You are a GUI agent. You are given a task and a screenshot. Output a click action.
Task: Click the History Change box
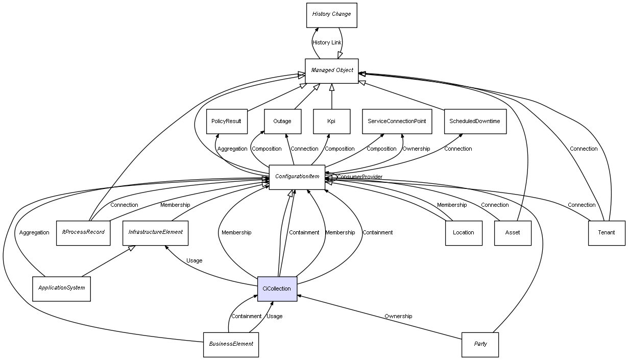pos(331,15)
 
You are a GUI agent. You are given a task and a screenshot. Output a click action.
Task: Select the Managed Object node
pos(332,70)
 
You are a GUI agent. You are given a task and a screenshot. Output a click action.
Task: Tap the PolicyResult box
pos(226,122)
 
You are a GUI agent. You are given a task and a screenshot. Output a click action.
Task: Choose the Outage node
pos(282,122)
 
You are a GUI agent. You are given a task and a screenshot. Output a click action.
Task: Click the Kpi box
pos(331,122)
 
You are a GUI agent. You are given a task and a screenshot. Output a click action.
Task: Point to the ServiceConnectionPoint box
pos(397,122)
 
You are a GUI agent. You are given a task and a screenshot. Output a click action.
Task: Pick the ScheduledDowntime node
pos(474,122)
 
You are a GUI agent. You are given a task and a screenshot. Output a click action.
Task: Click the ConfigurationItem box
pos(297,177)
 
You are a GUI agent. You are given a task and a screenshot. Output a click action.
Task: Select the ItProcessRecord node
pos(83,232)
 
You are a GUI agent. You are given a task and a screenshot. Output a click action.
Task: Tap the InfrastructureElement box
pos(155,232)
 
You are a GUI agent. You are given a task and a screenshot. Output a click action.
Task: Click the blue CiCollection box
pos(277,289)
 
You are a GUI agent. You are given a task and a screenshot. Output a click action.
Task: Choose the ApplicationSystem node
pos(61,289)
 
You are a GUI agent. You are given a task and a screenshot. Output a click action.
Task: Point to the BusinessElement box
pos(231,344)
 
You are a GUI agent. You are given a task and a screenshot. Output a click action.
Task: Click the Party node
pos(480,344)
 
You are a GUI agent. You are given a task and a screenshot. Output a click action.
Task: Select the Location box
pos(463,233)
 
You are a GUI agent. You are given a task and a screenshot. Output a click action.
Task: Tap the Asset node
pos(512,233)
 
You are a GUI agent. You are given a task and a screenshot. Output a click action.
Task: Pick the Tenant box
pos(606,233)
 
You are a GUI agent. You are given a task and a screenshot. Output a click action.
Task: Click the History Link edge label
pos(327,43)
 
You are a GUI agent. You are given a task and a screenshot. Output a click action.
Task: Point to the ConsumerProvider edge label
pos(359,177)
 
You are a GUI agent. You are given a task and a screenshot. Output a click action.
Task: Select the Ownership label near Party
pos(398,317)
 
